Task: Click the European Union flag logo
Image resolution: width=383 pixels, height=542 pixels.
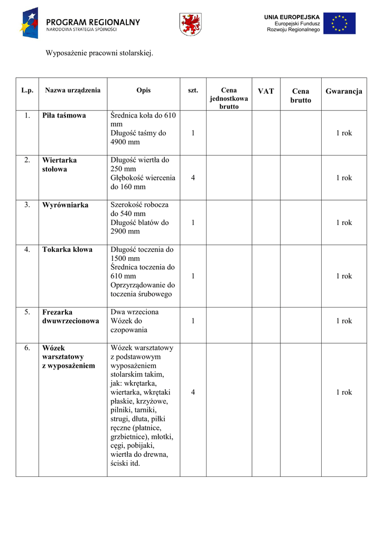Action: coord(340,23)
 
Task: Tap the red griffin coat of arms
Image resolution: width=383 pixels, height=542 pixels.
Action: coord(191,24)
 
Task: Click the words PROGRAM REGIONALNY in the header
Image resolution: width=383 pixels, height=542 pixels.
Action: coord(93,22)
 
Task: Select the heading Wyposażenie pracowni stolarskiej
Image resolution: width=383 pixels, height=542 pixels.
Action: coord(99,53)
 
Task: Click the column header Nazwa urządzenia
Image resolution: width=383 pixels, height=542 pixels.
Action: coord(72,91)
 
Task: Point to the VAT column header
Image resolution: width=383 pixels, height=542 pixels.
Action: coord(266,91)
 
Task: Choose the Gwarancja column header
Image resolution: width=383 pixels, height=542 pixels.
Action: coord(344,91)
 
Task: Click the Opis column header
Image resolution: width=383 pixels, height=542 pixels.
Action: coord(143,91)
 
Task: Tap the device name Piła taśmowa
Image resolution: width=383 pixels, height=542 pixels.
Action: coord(64,115)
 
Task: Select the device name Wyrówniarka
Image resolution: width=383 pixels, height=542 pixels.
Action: coord(66,205)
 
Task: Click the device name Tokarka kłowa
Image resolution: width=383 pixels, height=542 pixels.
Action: coord(67,249)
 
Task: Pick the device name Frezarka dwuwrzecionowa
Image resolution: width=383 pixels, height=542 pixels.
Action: coord(70,317)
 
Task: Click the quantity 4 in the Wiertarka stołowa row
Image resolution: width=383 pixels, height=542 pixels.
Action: coord(193,178)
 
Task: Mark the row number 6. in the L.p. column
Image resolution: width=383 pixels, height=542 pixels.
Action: coord(27,348)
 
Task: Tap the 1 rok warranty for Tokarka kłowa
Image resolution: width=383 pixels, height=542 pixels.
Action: coord(344,276)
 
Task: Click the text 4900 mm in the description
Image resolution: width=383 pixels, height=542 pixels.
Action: coord(125,142)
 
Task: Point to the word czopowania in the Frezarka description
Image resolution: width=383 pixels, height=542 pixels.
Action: coord(129,330)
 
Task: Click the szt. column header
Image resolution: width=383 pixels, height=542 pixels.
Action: coord(193,91)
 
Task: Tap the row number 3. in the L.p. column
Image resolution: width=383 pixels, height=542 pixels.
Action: coord(27,205)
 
